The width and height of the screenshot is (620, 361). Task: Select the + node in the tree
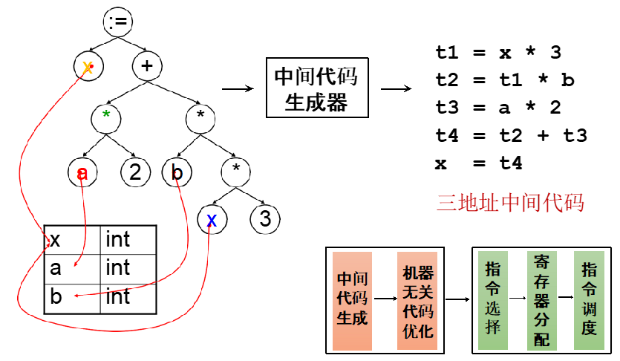click(147, 66)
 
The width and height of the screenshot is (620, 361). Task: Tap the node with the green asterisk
click(107, 115)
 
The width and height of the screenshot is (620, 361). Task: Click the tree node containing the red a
click(82, 173)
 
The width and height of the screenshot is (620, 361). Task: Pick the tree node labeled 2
click(134, 173)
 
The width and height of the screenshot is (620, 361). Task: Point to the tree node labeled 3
click(264, 218)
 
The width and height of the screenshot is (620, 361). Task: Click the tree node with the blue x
click(212, 218)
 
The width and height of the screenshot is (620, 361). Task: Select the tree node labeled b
click(177, 173)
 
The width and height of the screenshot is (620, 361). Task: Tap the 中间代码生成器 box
click(317, 88)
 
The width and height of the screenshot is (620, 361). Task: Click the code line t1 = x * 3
click(498, 53)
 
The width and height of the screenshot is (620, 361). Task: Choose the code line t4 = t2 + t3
click(511, 135)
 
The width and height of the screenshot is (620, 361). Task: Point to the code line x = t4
click(479, 163)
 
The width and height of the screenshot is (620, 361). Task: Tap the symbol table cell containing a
click(71, 268)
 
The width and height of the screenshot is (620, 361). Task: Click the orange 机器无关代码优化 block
click(417, 300)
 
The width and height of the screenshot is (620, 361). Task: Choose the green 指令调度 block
click(590, 300)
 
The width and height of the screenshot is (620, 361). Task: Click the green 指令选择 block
click(492, 300)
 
